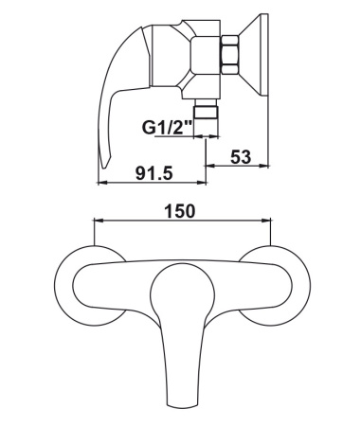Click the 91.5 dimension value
[x=154, y=173]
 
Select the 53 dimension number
[x=241, y=157]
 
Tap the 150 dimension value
[x=180, y=211]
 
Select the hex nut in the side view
[x=230, y=55]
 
